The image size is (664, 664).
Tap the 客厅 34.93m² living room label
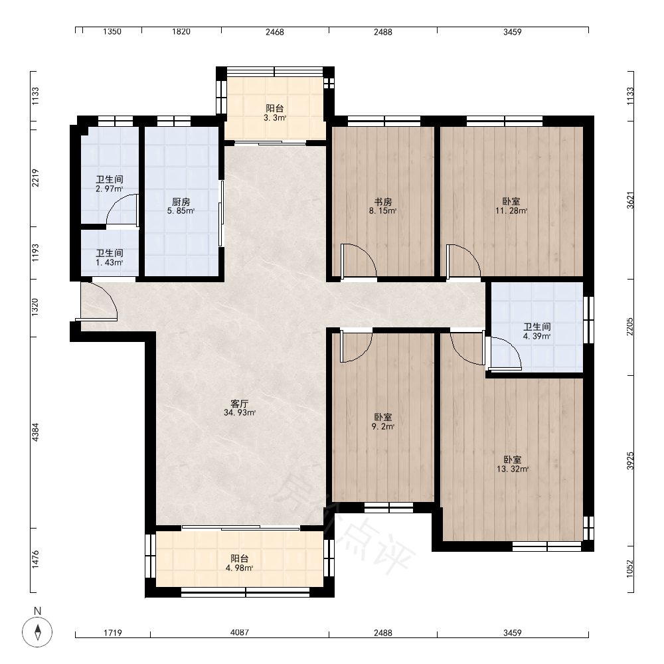click(240, 408)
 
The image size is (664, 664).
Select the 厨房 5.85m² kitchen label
click(181, 207)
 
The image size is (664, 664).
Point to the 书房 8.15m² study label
click(383, 207)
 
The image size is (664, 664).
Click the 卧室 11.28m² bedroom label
click(511, 207)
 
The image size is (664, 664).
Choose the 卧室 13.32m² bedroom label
click(513, 464)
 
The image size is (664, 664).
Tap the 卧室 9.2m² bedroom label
click(383, 422)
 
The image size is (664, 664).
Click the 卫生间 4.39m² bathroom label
click(537, 331)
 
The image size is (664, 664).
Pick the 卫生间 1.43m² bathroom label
click(110, 258)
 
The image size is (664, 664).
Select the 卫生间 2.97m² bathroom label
click(110, 184)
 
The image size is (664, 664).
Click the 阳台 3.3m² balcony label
click(275, 113)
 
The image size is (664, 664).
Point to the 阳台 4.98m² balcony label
click(240, 563)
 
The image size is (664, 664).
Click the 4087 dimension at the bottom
click(240, 632)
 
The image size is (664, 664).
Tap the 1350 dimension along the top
click(112, 31)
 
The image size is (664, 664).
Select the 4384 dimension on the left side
click(35, 432)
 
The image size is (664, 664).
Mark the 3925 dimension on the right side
click(631, 461)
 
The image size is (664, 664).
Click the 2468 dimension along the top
click(275, 31)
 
